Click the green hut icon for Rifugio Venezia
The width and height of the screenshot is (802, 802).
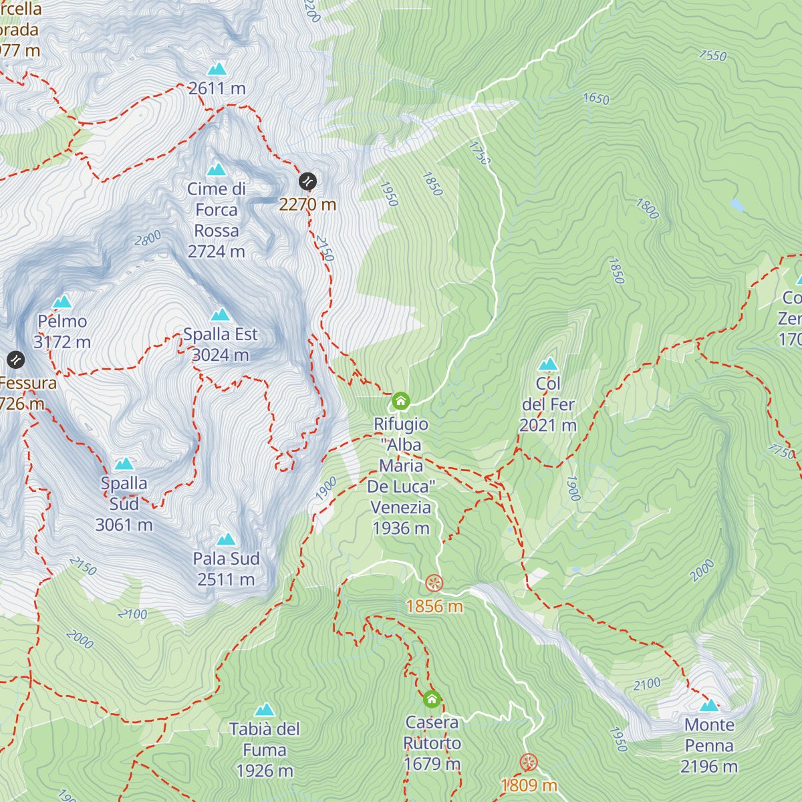click(x=400, y=400)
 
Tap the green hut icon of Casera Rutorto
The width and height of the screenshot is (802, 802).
click(x=432, y=699)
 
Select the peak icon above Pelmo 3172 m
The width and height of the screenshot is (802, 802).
click(x=62, y=301)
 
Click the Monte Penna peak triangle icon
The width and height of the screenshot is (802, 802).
click(x=709, y=705)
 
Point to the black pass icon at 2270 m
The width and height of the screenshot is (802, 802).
click(x=307, y=181)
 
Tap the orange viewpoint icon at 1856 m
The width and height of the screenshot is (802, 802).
click(x=434, y=583)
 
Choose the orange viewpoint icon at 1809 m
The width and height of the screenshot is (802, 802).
click(x=529, y=763)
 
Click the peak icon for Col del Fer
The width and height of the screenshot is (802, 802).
click(x=548, y=364)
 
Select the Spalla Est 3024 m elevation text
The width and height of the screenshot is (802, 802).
click(x=221, y=355)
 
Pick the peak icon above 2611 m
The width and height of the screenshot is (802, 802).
click(x=217, y=69)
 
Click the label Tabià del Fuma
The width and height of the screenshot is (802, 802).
click(x=265, y=739)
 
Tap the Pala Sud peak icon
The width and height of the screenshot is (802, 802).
click(x=226, y=539)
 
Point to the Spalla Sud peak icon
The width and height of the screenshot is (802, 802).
click(x=124, y=464)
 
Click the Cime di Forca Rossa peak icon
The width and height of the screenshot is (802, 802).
click(x=217, y=170)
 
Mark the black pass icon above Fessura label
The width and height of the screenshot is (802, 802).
click(x=16, y=360)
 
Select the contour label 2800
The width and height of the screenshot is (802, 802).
click(x=148, y=238)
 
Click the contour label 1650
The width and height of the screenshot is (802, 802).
click(x=596, y=99)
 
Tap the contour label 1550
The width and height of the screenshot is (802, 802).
click(x=713, y=55)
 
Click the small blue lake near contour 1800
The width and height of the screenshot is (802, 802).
click(x=737, y=205)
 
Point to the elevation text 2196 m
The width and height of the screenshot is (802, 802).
click(x=709, y=767)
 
